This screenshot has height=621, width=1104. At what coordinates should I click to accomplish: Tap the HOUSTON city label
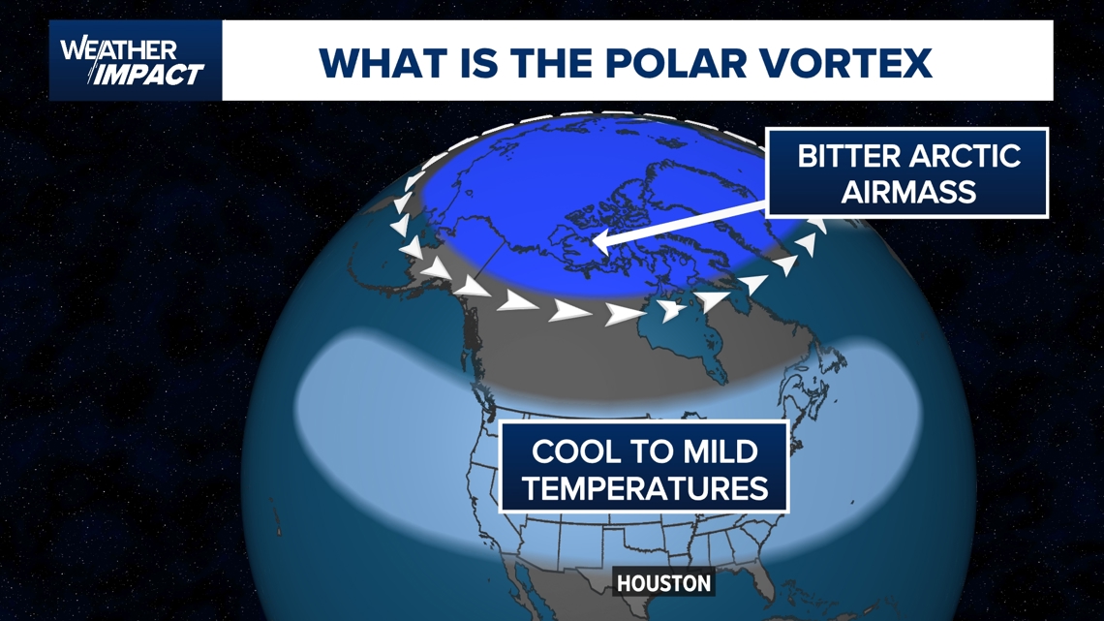pyautogui.click(x=664, y=583)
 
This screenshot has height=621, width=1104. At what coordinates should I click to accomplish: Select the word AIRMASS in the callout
pyautogui.click(x=907, y=192)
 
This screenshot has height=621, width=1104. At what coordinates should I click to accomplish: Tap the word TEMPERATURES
pyautogui.click(x=644, y=487)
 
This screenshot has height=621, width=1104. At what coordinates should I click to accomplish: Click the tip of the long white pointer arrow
pyautogui.click(x=598, y=247)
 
